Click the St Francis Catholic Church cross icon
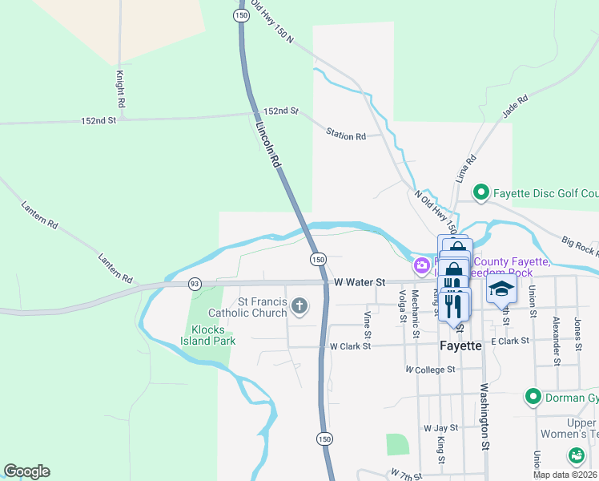click(x=299, y=305)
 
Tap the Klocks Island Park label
click(x=212, y=335)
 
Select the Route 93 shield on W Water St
click(x=195, y=284)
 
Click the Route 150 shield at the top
click(x=241, y=15)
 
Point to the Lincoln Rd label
click(x=269, y=145)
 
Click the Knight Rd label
click(x=120, y=89)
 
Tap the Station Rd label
click(x=345, y=136)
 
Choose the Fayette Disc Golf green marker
click(x=480, y=192)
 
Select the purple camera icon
click(x=421, y=265)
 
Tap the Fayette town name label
click(x=460, y=346)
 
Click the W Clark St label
click(x=350, y=346)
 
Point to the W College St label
click(x=430, y=370)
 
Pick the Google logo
click(x=26, y=471)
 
